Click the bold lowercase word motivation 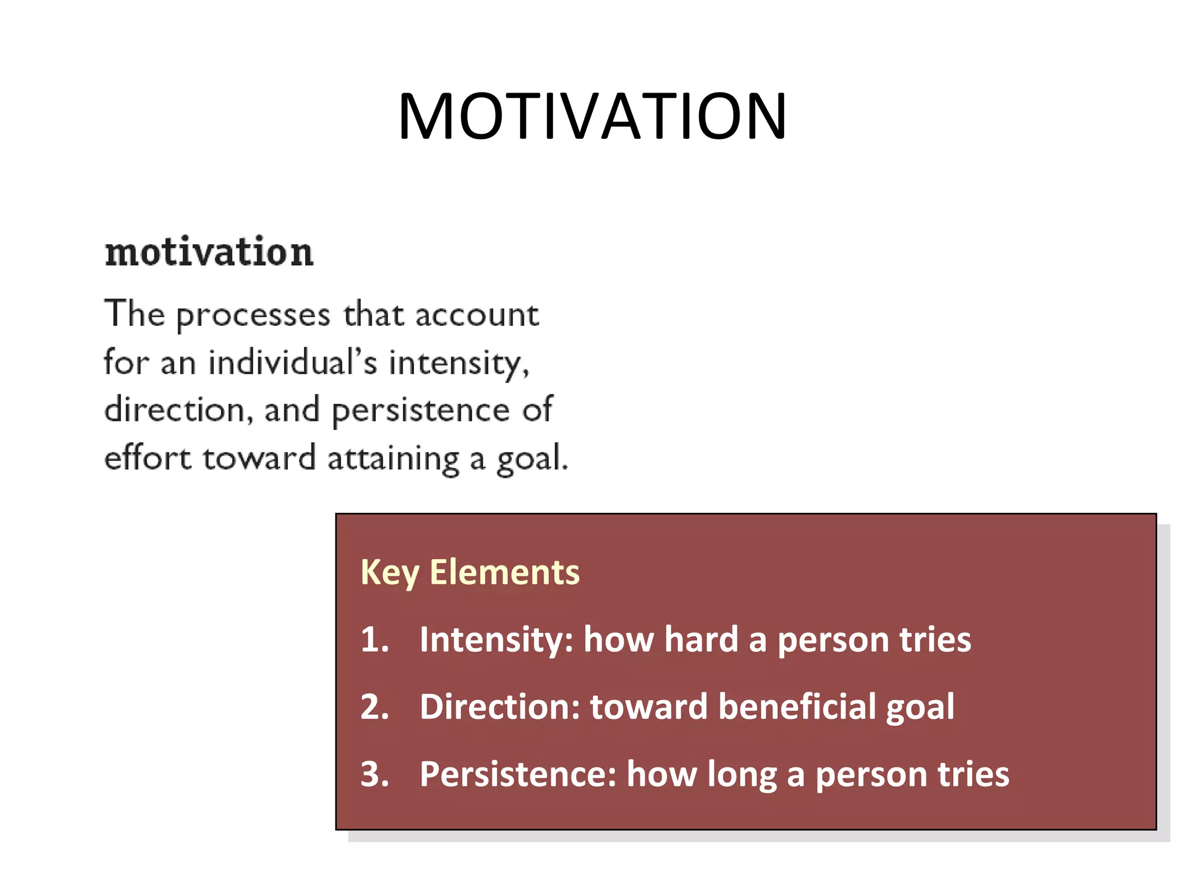tap(209, 252)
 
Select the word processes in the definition tap(253, 316)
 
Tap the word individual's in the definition tap(292, 363)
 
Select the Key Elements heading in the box tap(470, 573)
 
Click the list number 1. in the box tap(375, 640)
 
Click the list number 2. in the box tap(375, 707)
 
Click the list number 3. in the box tap(375, 774)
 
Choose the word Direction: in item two tap(499, 707)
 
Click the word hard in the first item tap(701, 640)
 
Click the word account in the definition tap(477, 316)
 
